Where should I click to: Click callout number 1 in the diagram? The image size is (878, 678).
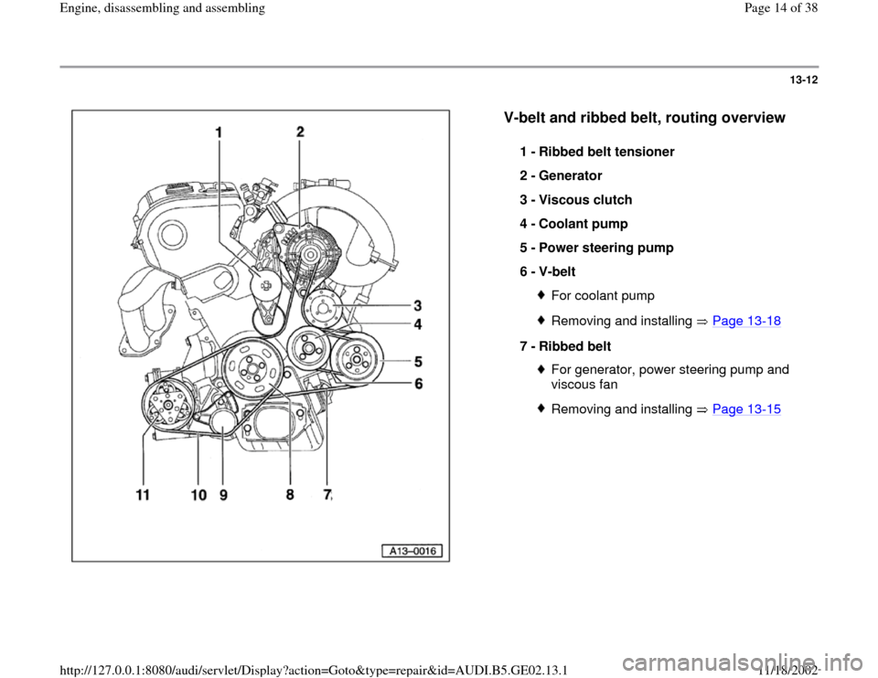pos(218,133)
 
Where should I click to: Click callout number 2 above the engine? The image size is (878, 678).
pos(300,132)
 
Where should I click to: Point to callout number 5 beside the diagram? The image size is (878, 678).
pos(419,361)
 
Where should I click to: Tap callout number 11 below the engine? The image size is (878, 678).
pos(142,495)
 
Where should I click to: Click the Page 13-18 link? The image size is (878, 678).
pos(749,322)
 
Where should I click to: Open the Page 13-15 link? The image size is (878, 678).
pos(751,409)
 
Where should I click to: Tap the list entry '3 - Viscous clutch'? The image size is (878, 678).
pos(574,199)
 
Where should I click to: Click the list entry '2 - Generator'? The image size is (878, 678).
pos(560,175)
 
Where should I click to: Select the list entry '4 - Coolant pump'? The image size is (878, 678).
pos(573,223)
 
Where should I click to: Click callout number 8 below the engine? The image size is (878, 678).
pos(290,495)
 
